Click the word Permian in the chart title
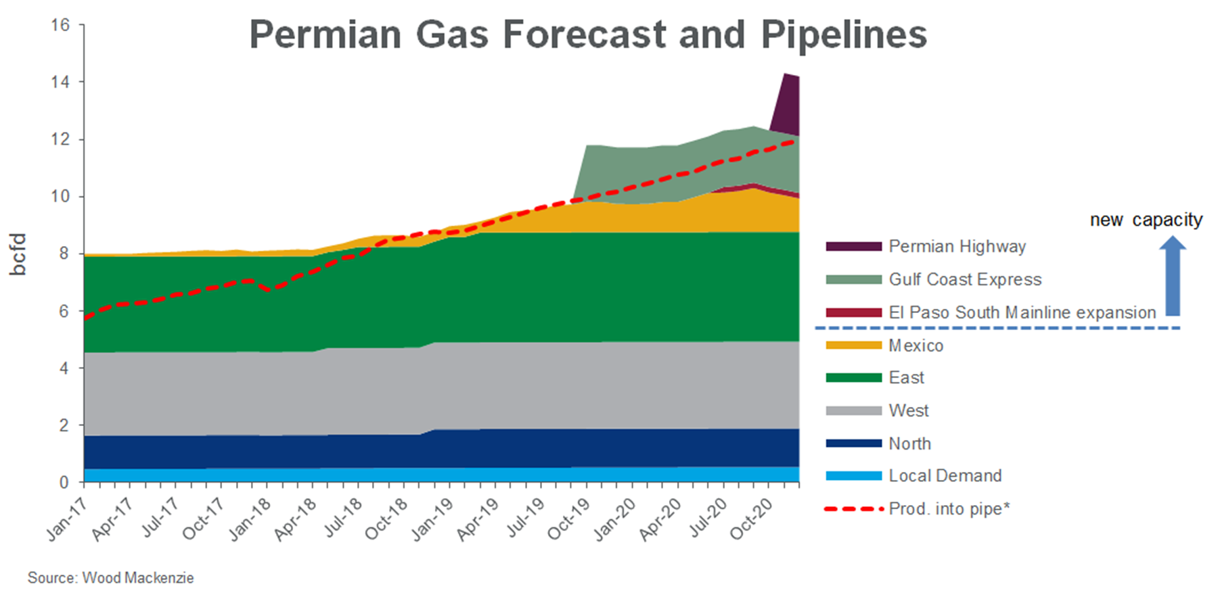tap(325, 34)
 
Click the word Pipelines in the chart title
tap(844, 34)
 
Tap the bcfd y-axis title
tap(18, 254)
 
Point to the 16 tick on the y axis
tap(60, 25)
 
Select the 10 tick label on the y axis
tap(60, 197)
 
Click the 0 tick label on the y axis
tap(64, 483)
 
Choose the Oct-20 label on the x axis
tap(750, 520)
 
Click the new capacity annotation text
tap(1146, 220)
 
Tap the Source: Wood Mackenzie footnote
tap(110, 578)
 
